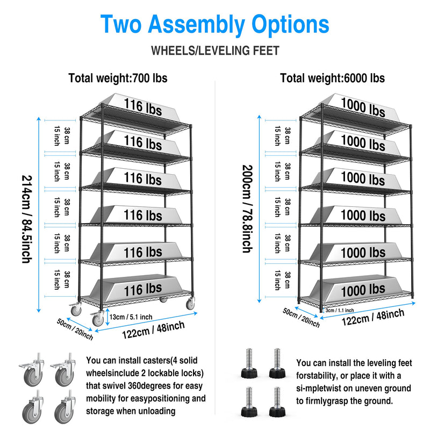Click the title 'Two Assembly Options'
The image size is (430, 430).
(214, 25)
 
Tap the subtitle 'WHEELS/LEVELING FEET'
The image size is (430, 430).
(215, 51)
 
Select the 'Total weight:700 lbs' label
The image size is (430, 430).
(118, 78)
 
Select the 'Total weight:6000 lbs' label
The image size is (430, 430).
(332, 78)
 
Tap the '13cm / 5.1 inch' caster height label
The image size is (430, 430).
(131, 317)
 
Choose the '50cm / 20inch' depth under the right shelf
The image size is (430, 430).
(301, 318)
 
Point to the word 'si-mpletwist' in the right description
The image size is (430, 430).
(322, 388)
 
